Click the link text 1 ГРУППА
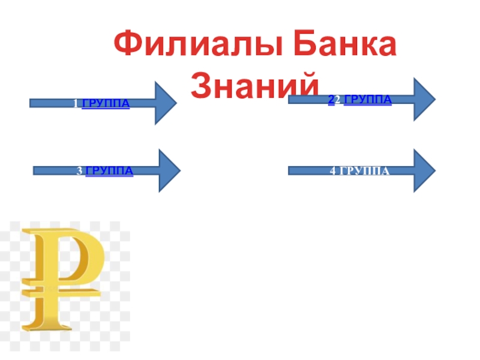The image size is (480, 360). [x=100, y=104]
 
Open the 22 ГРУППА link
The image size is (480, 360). [x=360, y=99]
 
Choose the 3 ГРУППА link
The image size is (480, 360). [x=105, y=172]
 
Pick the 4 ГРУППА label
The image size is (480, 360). [x=359, y=172]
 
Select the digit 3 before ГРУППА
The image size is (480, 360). [x=79, y=172]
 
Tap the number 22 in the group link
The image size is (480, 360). [x=334, y=99]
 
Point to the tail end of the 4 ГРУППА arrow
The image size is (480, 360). [x=292, y=170]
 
